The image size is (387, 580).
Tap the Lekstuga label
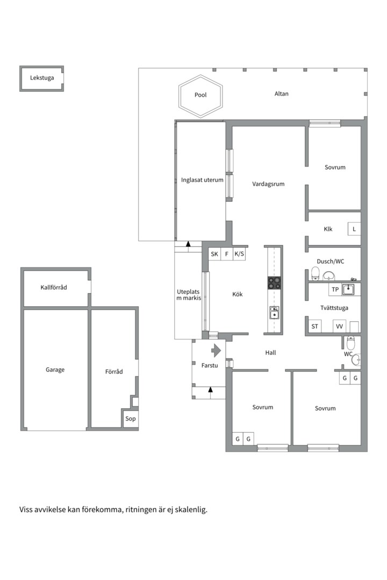pos(42,78)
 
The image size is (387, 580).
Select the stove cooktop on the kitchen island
pos(274,283)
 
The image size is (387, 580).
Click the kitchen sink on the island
pos(274,313)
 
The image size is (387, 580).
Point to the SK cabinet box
pos(214,254)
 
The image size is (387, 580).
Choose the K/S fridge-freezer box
pos(239,254)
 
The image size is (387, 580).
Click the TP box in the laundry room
pos(335,289)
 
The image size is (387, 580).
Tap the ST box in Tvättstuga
pos(315,327)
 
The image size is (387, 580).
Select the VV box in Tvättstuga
pos(339,327)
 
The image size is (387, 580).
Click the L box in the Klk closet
pos(354,229)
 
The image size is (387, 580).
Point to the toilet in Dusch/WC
pos(316,273)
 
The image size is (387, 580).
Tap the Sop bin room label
pos(131,419)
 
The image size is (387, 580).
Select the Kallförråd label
pos(54,287)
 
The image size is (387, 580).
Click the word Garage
pos(55,370)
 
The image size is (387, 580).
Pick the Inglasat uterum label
pos(202,180)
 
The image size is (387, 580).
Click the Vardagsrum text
pos(269,184)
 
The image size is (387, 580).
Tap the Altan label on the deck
pos(282,94)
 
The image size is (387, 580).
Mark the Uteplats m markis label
pos(189,295)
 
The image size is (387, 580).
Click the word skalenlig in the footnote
pos(191,510)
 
